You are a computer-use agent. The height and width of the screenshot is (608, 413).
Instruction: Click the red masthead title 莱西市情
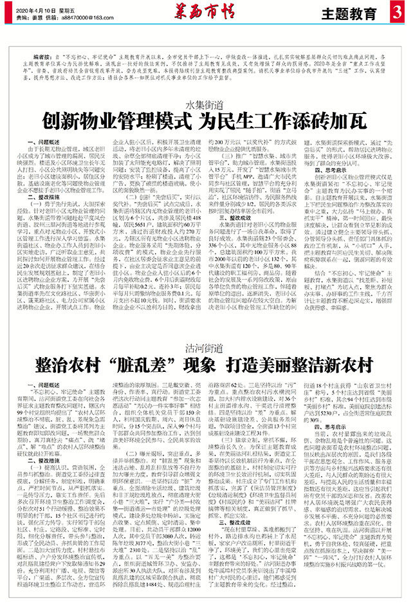tap(205, 11)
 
